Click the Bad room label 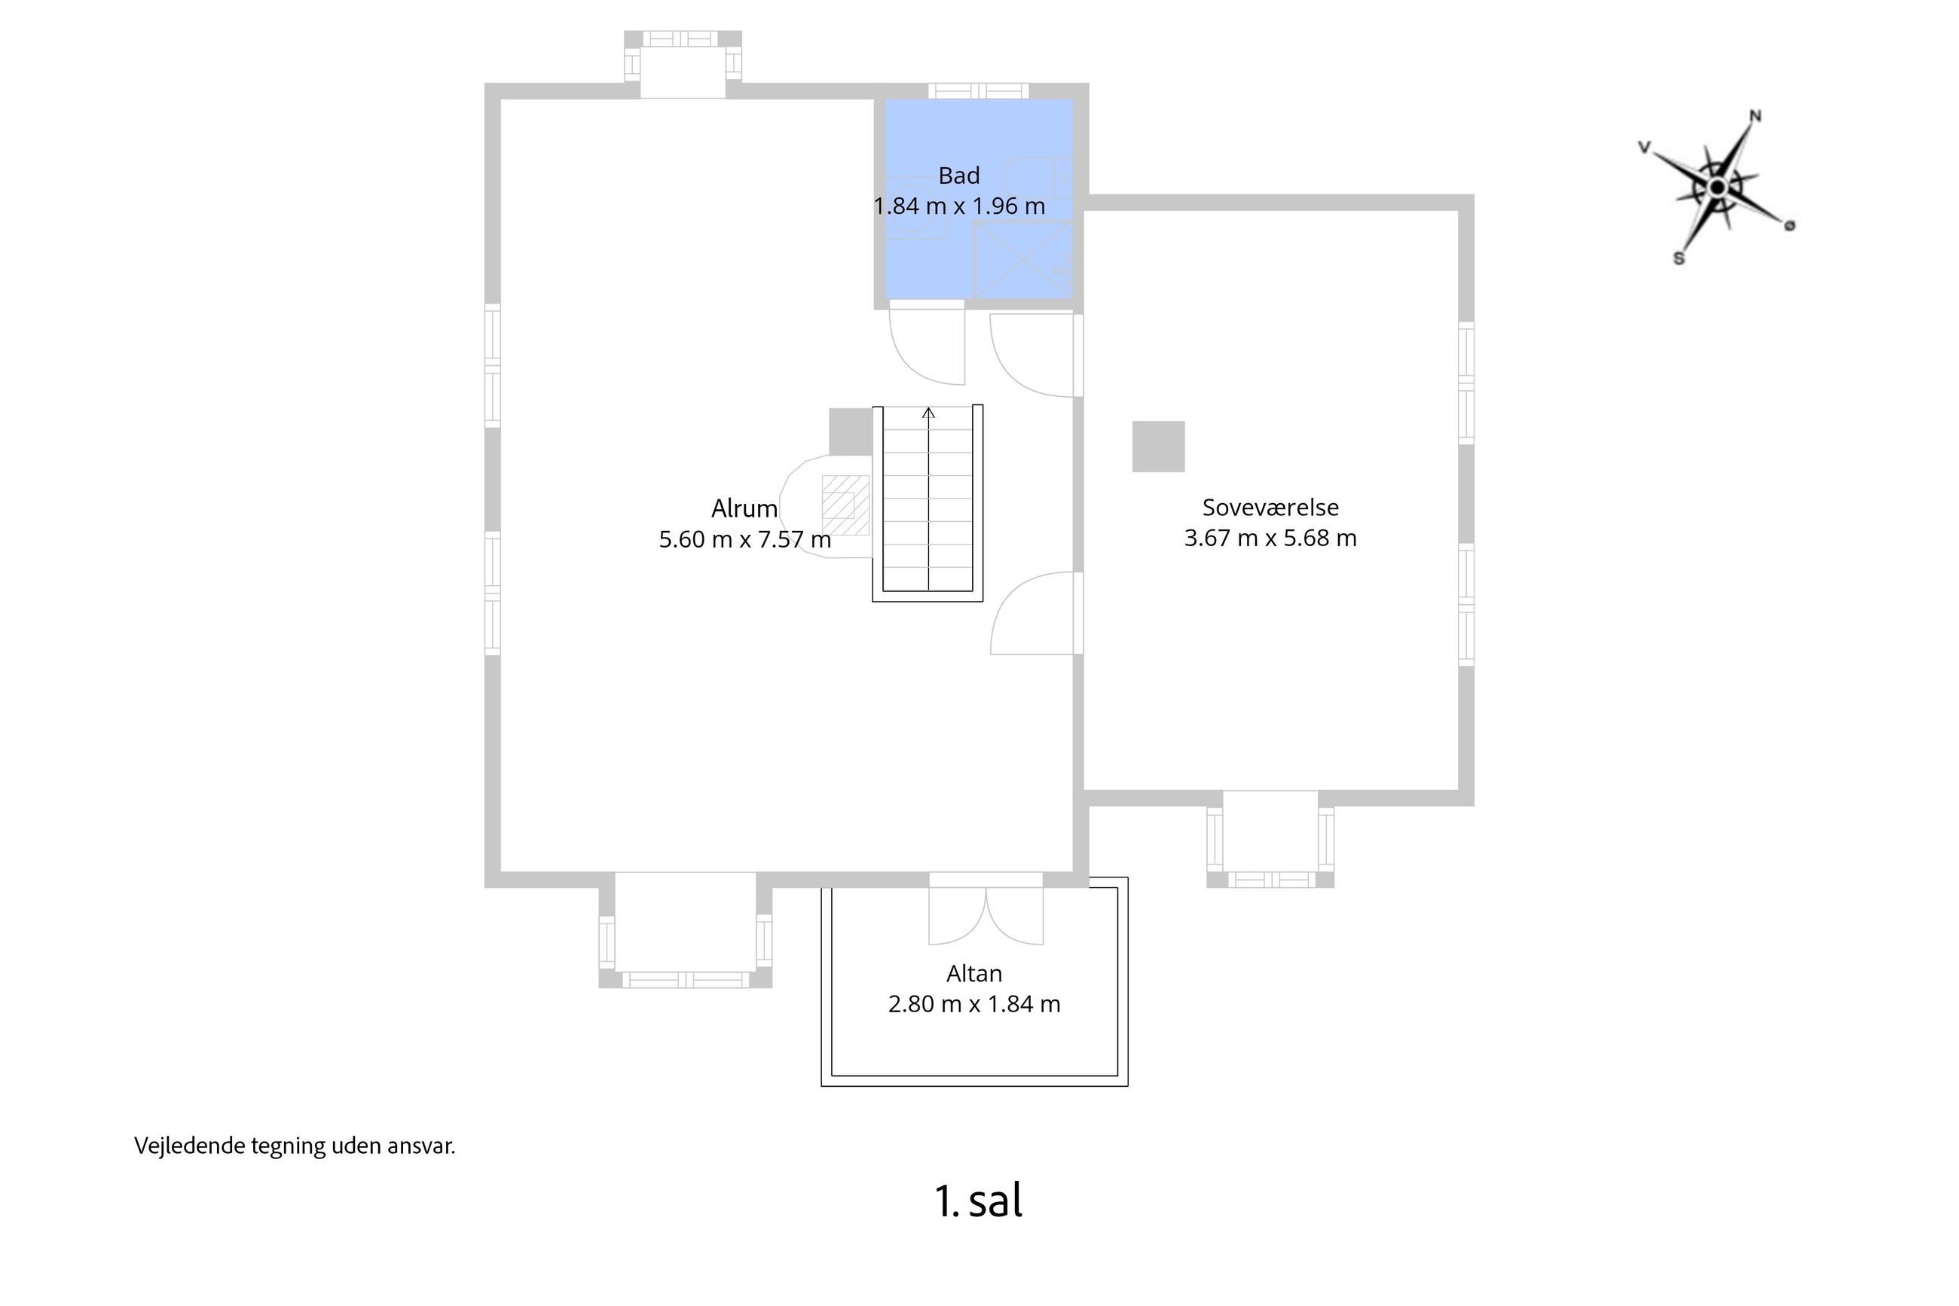point(958,175)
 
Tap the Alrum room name point(744,508)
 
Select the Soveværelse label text point(1270,507)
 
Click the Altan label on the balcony point(973,973)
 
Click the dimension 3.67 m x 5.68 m point(1270,538)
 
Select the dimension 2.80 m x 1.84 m point(974,1004)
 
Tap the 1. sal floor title point(978,1201)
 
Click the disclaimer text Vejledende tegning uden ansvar point(295,1146)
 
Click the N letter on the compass point(1755,116)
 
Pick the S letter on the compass point(1679,258)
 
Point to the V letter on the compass point(1645,148)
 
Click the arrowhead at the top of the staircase point(928,412)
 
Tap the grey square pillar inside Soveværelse point(1158,447)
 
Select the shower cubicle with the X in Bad point(1023,259)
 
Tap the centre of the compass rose point(1716,188)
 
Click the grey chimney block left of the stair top point(851,432)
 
